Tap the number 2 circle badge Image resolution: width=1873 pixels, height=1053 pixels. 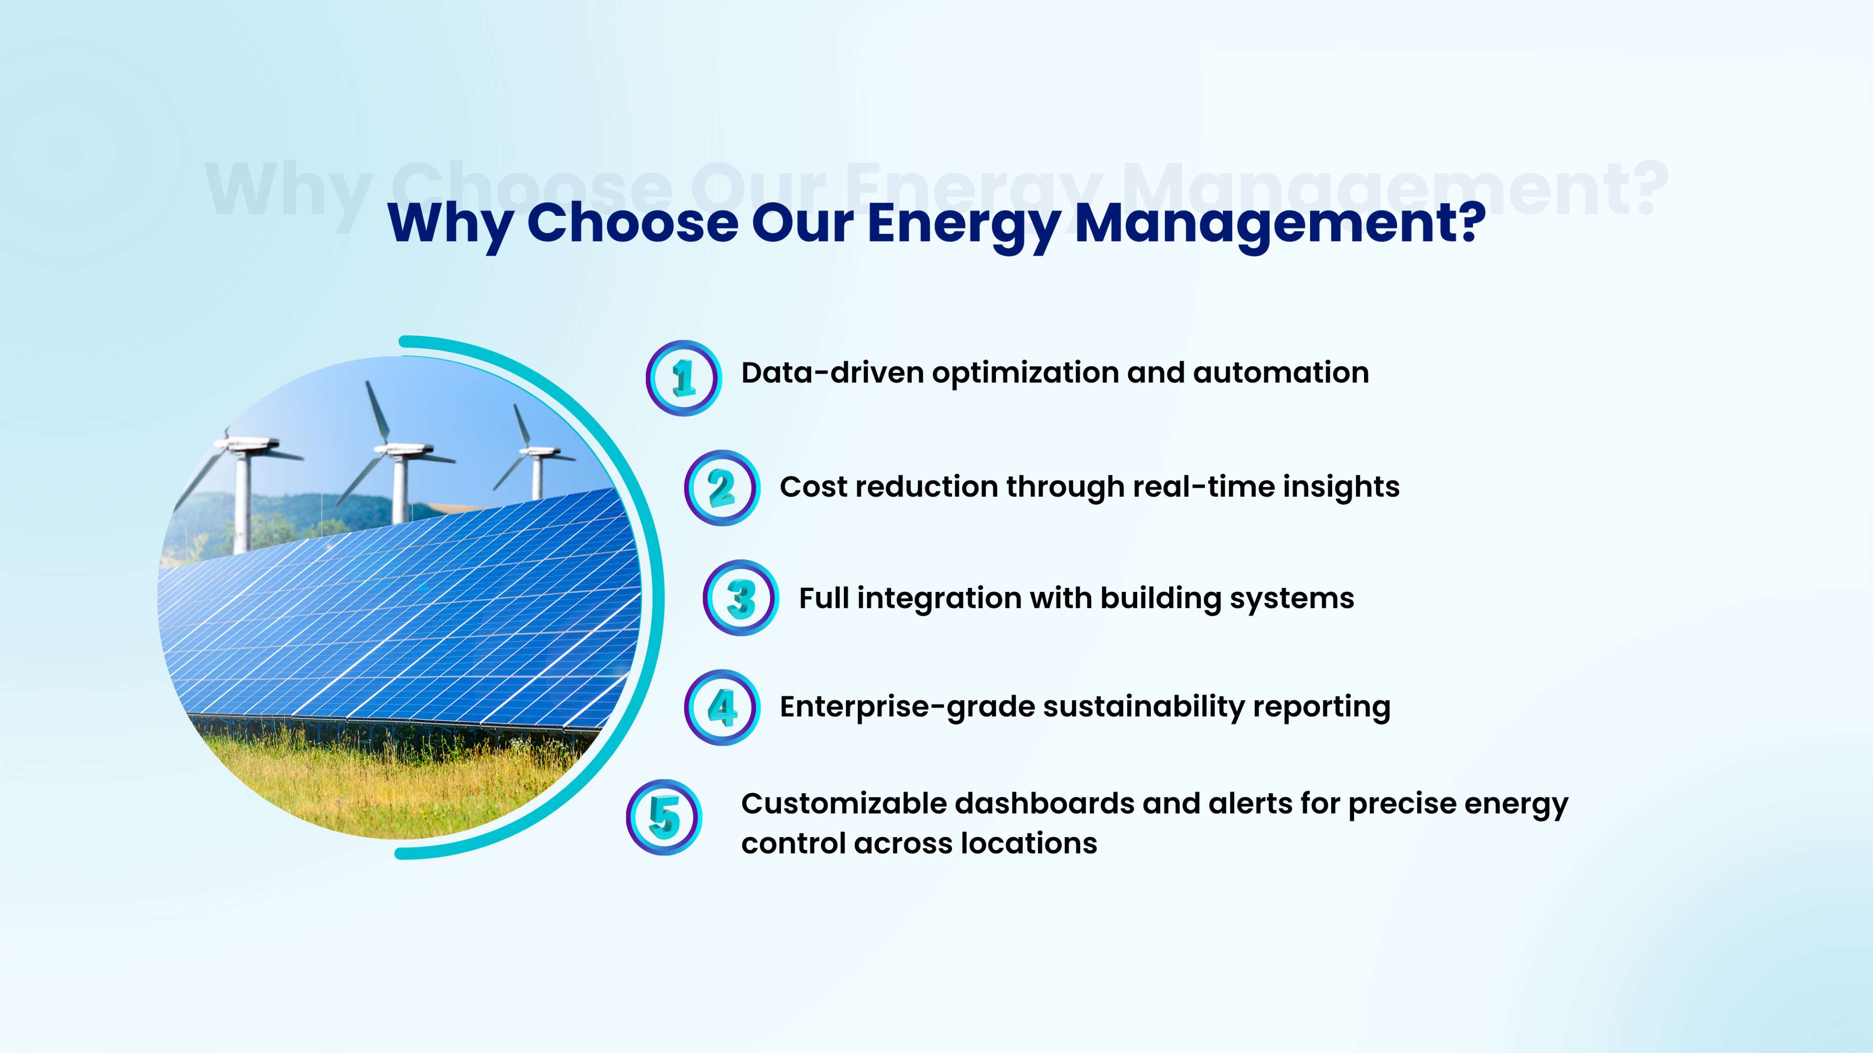722,488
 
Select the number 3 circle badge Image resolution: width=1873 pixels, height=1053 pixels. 741,598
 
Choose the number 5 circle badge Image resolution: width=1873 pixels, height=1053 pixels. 664,817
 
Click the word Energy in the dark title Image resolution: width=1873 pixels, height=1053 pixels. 964,225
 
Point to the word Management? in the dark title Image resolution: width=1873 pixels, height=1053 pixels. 1280,225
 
